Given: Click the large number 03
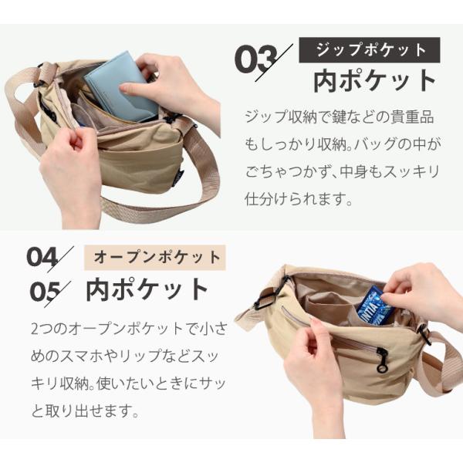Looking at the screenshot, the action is (256, 59).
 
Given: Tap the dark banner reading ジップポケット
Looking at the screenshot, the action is (370, 50).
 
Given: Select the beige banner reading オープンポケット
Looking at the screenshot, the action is (155, 258).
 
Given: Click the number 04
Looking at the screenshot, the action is (42, 257).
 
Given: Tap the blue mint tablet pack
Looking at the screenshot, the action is (373, 306).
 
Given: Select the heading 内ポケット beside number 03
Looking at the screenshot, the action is (375, 81).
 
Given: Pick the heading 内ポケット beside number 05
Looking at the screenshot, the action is (147, 289).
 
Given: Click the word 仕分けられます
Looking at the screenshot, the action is (298, 199).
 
